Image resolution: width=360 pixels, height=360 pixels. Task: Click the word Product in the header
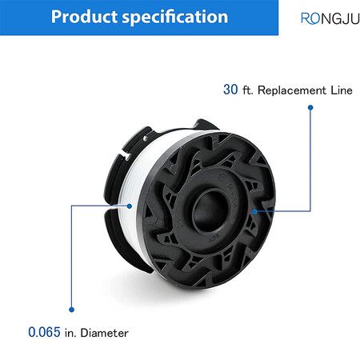(84, 17)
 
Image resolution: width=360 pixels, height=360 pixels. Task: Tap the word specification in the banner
(175, 18)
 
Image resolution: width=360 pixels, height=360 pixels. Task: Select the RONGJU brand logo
(330, 18)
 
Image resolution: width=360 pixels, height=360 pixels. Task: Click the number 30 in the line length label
(230, 90)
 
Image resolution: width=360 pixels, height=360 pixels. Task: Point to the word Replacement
(292, 90)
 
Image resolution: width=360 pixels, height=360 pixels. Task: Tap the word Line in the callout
(342, 90)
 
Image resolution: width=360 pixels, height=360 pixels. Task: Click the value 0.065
(44, 332)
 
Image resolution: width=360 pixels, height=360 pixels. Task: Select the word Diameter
(105, 333)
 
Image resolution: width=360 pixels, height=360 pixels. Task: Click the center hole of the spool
(210, 210)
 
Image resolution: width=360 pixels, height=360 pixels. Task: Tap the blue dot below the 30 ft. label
(310, 107)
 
